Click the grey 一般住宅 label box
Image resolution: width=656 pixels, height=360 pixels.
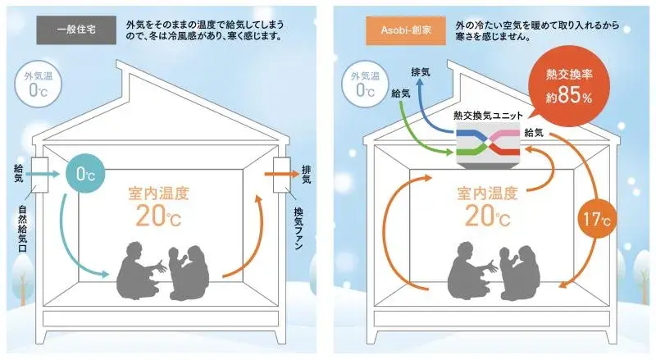[x=76, y=30]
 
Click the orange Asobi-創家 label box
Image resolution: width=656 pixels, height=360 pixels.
[x=406, y=30]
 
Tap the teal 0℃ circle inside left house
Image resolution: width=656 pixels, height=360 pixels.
[x=86, y=174]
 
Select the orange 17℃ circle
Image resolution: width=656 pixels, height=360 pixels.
[x=597, y=218]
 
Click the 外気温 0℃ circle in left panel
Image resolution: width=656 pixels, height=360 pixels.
[x=38, y=84]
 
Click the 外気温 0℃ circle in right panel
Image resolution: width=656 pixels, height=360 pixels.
[x=365, y=84]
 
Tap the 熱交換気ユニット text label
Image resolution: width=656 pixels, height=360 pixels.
[x=488, y=116]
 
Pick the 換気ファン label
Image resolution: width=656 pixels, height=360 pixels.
[x=298, y=228]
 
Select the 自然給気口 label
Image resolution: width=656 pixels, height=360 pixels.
[x=23, y=228]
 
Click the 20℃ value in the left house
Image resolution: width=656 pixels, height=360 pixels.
[x=158, y=216]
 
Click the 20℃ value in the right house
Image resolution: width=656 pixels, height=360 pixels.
[x=487, y=216]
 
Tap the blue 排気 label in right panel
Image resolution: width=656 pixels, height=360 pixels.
[x=420, y=72]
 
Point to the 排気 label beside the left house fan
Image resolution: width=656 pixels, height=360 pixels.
[x=306, y=174]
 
